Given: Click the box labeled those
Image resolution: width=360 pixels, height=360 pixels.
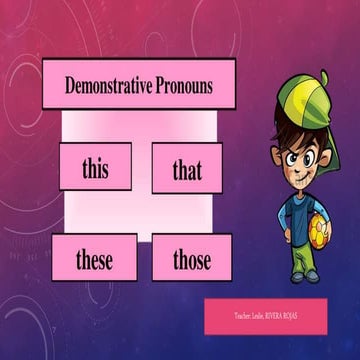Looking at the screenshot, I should pos(191,261).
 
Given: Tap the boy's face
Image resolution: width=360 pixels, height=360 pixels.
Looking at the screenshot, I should pos(298,149).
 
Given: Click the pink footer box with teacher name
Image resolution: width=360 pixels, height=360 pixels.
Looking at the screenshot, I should pos(266,316).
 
